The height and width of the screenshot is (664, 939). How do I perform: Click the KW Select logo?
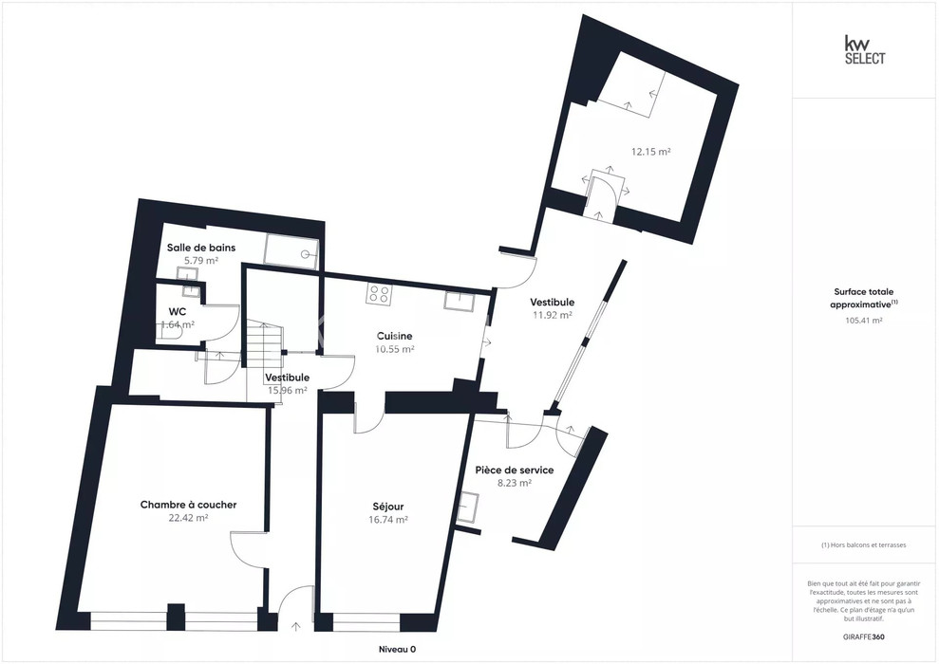(864, 49)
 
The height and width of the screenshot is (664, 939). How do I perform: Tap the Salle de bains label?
(201, 248)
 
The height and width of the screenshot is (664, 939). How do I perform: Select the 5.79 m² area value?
(201, 261)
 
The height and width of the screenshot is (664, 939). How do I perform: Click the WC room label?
(178, 312)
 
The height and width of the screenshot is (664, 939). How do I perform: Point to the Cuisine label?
(394, 336)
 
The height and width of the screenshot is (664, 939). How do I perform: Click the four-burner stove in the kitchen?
(379, 294)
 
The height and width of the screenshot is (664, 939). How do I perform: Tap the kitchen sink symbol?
(460, 301)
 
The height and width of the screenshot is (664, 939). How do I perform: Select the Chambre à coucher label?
(189, 505)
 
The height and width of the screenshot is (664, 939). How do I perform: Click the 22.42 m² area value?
(189, 518)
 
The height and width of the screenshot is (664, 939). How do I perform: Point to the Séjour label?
(388, 507)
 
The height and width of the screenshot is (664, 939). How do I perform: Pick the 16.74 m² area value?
(388, 520)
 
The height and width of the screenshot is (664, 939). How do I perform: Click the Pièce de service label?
(515, 470)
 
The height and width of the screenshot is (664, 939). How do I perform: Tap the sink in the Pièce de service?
(468, 508)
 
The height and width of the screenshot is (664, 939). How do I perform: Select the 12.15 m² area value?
(651, 152)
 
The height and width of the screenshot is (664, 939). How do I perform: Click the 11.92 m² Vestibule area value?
(553, 315)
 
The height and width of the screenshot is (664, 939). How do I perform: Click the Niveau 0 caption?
(397, 649)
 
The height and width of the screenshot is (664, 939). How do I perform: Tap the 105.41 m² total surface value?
(864, 320)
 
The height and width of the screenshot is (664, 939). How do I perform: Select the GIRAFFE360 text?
(863, 636)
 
